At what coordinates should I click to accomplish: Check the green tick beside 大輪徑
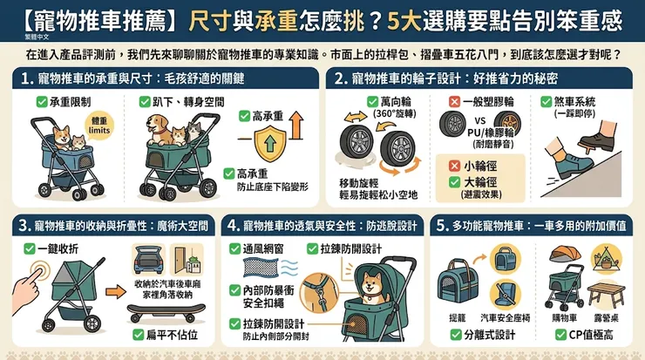[454, 181]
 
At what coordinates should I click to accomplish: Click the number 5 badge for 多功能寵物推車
[444, 226]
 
